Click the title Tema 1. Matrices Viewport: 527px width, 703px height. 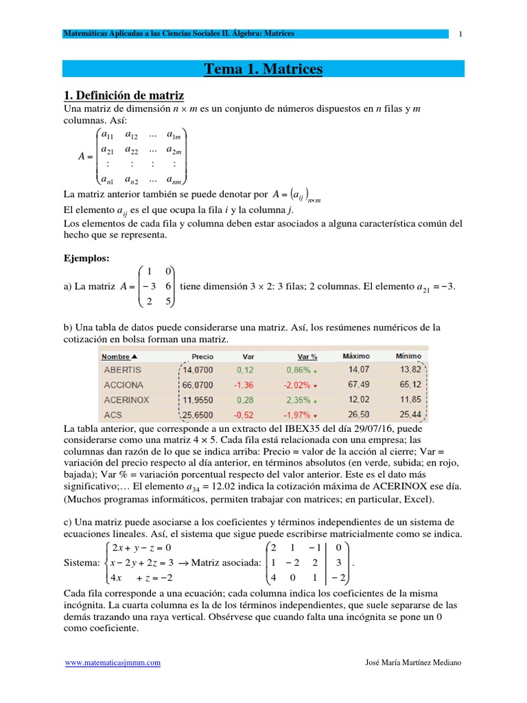coord(263,69)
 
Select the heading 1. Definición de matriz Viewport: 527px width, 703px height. coord(124,95)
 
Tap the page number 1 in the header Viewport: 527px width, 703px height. coord(461,34)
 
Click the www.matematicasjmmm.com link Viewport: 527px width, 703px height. coord(113,662)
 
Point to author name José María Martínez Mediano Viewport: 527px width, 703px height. coord(414,662)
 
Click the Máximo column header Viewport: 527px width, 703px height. coord(355,356)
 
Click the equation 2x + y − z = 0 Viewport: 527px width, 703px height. coord(142,547)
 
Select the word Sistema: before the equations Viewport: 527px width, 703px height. coord(81,563)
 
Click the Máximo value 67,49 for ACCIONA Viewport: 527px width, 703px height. coord(358,384)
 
